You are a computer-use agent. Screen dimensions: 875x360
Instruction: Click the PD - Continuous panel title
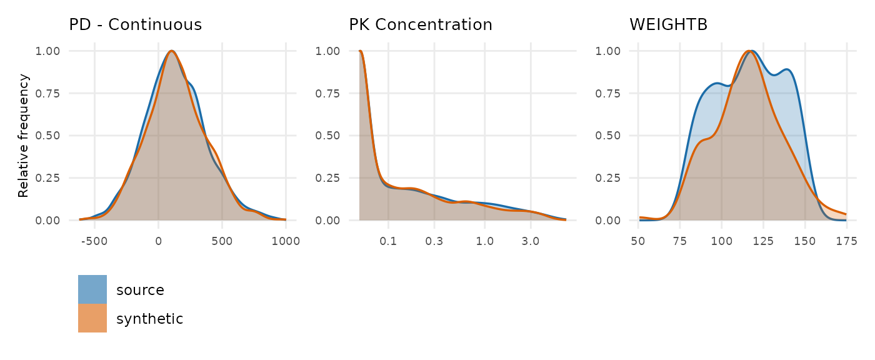coord(135,24)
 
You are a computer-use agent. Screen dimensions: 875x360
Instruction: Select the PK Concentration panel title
coord(420,24)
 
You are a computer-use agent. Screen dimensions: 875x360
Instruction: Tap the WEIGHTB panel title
coord(668,24)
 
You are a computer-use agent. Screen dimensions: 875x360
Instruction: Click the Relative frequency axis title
coord(24,136)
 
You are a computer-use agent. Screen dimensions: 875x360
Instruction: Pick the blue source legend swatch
coord(92,289)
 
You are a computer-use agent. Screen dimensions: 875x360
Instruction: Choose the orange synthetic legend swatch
coord(92,318)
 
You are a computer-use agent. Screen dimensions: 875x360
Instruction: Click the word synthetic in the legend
coord(149,319)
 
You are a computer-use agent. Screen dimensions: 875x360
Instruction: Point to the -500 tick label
coord(94,241)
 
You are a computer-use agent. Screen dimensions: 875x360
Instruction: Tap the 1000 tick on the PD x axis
coord(286,241)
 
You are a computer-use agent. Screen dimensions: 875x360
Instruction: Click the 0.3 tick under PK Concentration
coord(434,241)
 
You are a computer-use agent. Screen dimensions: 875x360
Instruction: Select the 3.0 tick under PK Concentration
coord(531,241)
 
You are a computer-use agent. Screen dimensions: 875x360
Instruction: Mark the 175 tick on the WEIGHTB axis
coord(846,241)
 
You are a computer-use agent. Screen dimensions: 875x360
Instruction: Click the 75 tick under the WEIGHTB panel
coord(680,241)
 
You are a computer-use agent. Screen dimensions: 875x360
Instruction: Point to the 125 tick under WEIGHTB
coord(763,241)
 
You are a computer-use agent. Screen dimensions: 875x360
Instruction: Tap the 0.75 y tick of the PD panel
coord(47,93)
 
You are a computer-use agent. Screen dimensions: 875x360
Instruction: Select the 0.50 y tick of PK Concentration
coord(327,136)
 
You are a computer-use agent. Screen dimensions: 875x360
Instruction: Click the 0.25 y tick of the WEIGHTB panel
coord(607,178)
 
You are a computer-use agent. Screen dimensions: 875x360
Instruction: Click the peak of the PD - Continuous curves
coord(171,51)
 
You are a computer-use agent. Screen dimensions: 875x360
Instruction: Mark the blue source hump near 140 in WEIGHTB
coord(787,70)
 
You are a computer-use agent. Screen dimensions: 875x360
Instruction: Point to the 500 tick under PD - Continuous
coord(222,241)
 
